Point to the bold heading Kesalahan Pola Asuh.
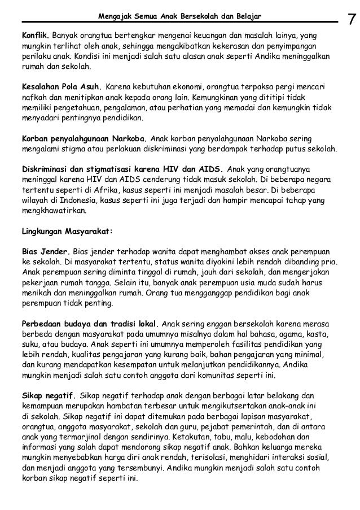pos(61,87)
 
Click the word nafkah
pos(33,98)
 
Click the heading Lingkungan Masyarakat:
pos(67,230)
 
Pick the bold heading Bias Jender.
pos(46,251)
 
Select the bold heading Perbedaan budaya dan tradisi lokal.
pos(90,324)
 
